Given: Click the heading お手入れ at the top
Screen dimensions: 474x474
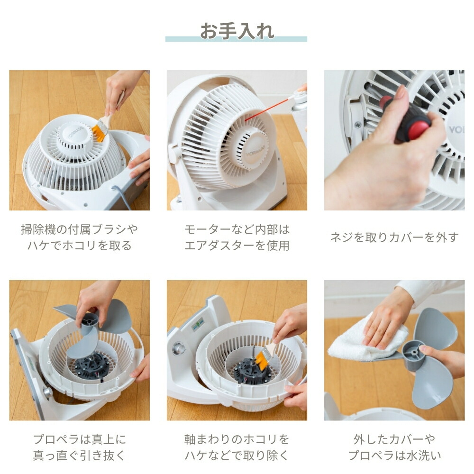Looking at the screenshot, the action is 237,31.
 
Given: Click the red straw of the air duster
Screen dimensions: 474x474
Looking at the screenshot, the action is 266,109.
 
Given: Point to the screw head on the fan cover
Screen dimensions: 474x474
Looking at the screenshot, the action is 357,124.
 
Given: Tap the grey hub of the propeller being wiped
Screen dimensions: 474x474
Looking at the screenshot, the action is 413,353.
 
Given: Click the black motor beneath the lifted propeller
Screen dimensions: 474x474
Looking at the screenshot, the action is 90,367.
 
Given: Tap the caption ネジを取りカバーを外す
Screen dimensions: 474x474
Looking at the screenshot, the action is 394,237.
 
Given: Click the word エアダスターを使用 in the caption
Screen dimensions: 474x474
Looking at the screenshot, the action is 237,245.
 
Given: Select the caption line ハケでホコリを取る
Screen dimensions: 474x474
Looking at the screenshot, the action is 79,245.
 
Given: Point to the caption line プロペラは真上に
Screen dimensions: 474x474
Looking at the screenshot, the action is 79,439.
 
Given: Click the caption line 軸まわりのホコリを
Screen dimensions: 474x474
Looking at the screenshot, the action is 237,439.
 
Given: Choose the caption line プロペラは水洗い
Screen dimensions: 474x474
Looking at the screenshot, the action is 394,455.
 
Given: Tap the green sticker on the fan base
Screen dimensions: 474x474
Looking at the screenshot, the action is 198,325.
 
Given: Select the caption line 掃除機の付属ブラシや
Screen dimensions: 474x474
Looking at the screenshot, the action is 79,229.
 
